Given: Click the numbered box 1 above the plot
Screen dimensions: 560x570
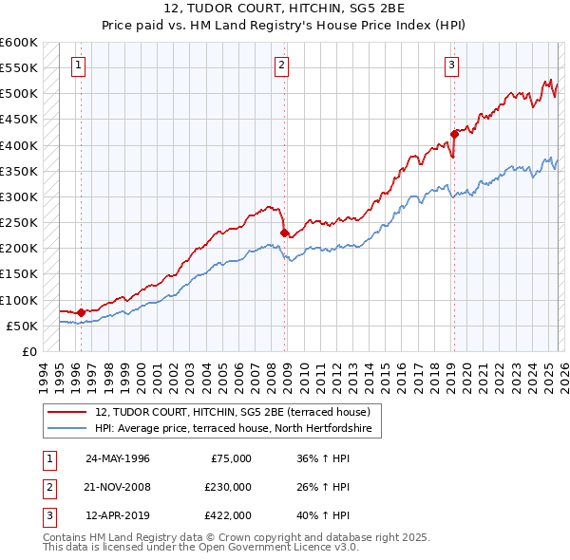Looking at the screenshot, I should [x=77, y=65].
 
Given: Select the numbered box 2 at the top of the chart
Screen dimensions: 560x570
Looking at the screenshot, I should [x=282, y=65].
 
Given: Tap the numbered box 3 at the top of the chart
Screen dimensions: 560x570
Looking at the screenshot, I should [x=451, y=65].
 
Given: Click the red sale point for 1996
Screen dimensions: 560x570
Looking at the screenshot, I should [x=81, y=312].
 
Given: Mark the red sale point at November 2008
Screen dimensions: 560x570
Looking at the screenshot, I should [x=284, y=233].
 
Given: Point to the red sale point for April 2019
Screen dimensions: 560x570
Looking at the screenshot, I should [x=454, y=134].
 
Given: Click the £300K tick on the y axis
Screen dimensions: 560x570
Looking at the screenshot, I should [x=19, y=196].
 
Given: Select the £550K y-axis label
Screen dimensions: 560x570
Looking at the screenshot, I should [x=19, y=68].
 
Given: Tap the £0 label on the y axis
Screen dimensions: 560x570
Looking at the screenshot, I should [x=28, y=351].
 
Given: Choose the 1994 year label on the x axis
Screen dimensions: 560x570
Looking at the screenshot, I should [x=44, y=374].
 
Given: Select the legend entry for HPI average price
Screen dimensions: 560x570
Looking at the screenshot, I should [x=237, y=429].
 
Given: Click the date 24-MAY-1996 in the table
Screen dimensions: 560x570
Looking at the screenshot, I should [x=118, y=458].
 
